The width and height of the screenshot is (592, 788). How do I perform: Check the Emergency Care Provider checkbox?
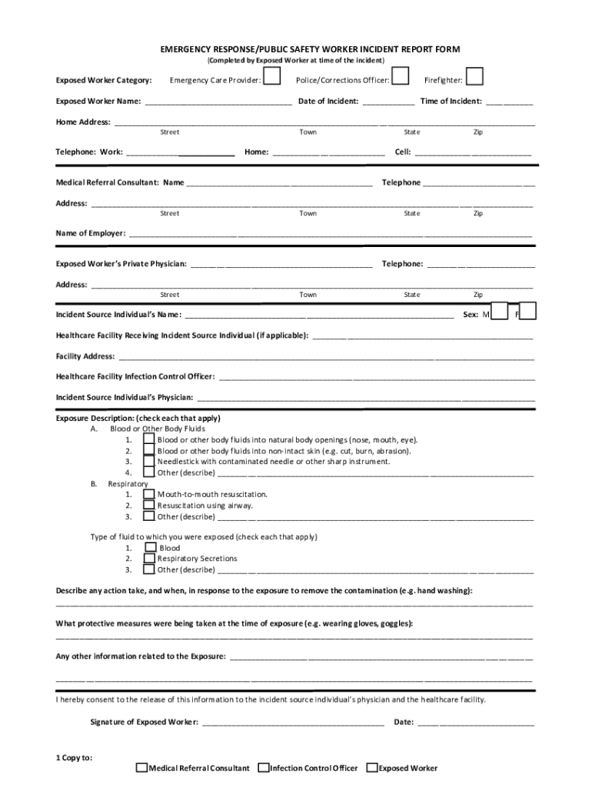(x=272, y=78)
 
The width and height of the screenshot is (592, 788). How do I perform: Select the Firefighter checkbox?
(x=475, y=78)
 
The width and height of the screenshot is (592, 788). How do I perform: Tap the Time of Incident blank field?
(x=508, y=101)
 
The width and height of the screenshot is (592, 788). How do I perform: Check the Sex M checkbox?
(x=499, y=312)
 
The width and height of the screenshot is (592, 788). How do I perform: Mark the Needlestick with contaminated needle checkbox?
(x=149, y=462)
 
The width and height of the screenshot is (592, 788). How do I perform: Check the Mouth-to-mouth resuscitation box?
(x=149, y=494)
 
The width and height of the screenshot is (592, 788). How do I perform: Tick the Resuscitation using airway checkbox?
(x=149, y=506)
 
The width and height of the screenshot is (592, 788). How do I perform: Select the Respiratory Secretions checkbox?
(x=149, y=559)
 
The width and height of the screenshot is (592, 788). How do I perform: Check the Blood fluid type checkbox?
(x=151, y=548)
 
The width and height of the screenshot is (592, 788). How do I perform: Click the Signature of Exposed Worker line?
(x=292, y=723)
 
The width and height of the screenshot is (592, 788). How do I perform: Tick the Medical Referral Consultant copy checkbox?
(x=141, y=767)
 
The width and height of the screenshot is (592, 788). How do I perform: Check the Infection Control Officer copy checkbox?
(x=264, y=767)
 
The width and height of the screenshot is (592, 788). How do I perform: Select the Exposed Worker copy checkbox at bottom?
(x=372, y=767)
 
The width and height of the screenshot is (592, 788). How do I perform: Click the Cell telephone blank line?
(x=473, y=152)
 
